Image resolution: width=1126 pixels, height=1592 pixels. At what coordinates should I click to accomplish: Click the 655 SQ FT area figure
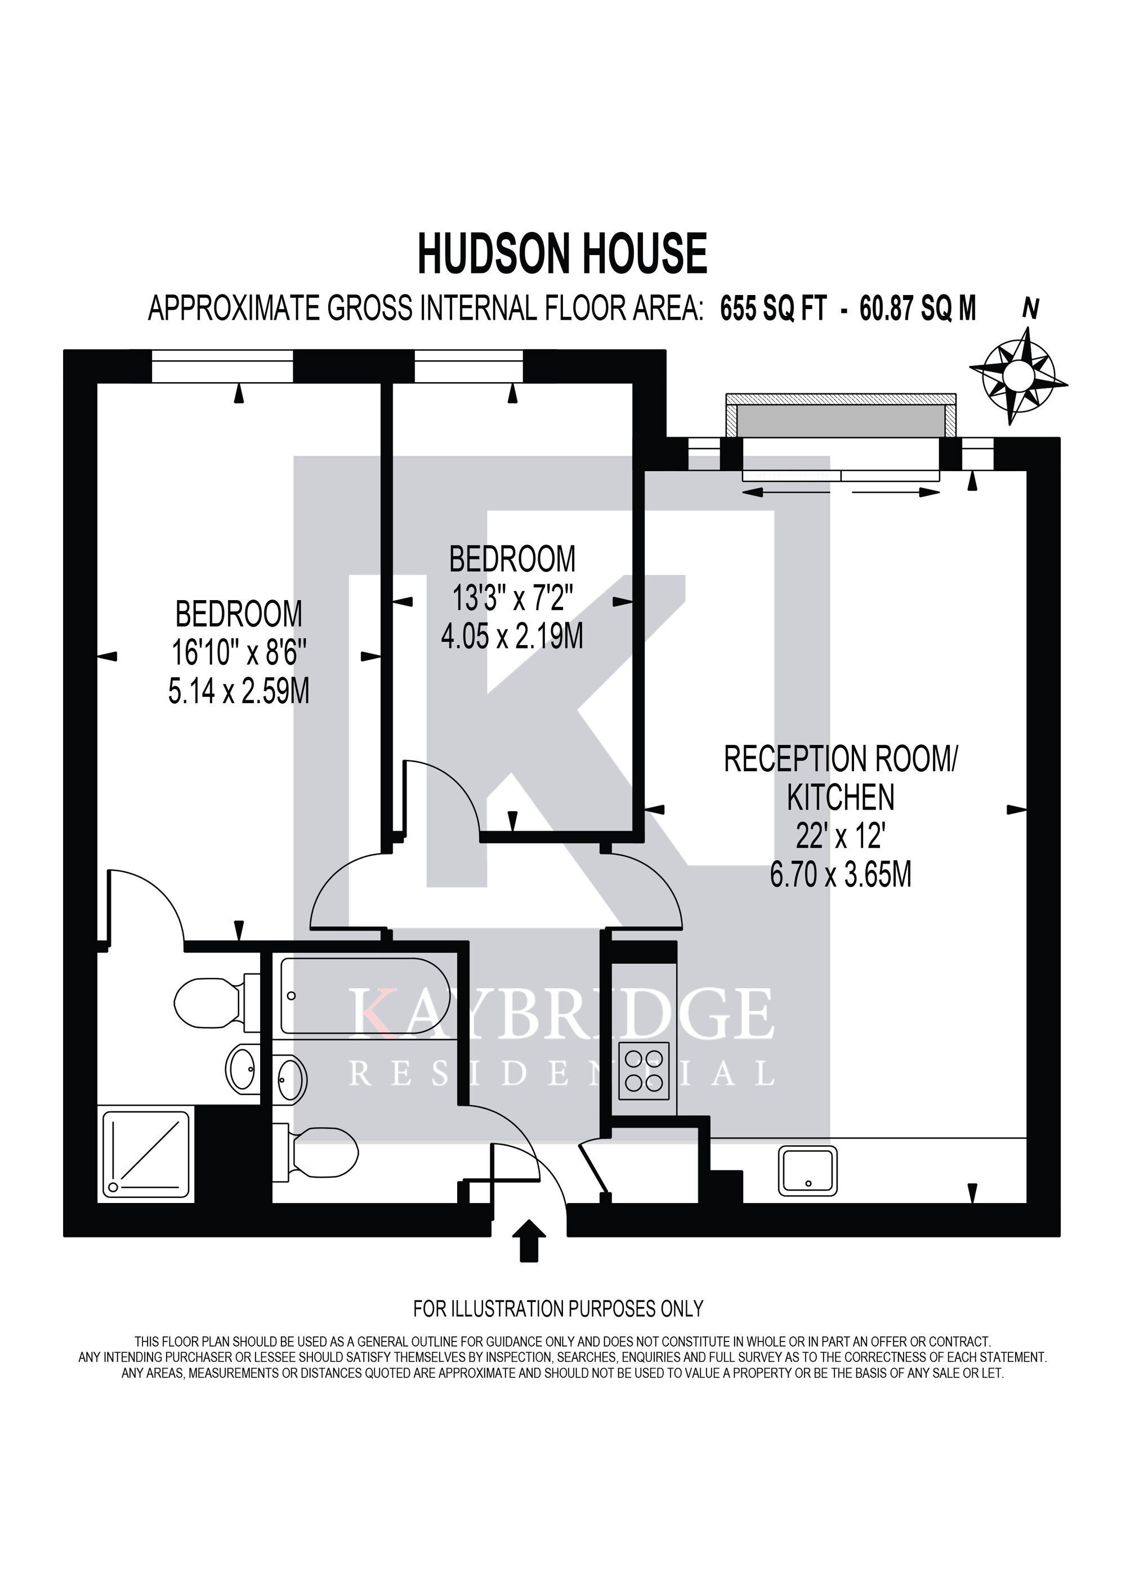tap(774, 308)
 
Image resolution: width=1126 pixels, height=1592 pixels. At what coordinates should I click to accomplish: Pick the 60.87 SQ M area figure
tap(918, 308)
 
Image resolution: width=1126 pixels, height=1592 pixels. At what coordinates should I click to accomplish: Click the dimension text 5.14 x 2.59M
tap(239, 691)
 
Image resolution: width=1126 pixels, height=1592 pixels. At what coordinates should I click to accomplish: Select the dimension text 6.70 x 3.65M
tap(841, 875)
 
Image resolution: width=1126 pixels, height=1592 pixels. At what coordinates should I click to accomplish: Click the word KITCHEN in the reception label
tap(841, 797)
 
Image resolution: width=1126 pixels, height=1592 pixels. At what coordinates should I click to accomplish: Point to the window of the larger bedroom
tap(222, 365)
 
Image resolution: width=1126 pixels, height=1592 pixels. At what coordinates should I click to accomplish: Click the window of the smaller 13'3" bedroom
tap(469, 365)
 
